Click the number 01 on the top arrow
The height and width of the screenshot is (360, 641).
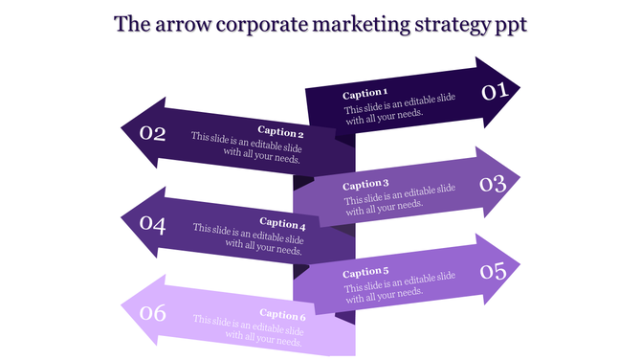[493, 92]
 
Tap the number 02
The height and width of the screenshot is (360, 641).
[153, 133]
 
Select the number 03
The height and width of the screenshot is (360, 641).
[493, 183]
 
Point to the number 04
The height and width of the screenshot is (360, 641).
[153, 224]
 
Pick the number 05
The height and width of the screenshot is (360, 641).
[493, 271]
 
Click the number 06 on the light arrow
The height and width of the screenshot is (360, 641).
[153, 312]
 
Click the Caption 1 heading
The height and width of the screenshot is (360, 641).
[365, 94]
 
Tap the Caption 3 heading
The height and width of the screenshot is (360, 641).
[365, 184]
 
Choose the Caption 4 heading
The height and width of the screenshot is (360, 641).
[281, 224]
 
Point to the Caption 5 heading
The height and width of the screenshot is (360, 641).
[365, 272]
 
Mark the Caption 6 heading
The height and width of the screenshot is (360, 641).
[281, 315]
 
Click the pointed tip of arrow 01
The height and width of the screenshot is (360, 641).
[519, 92]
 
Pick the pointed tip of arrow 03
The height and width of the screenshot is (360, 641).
[519, 181]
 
